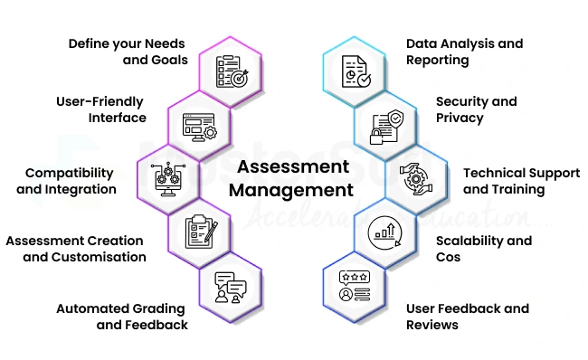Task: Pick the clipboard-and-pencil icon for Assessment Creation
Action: [199, 232]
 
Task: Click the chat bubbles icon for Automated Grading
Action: [229, 287]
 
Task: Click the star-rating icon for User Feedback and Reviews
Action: [354, 286]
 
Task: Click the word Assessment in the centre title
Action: [292, 168]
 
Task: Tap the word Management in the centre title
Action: [291, 190]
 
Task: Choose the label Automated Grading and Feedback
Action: [122, 317]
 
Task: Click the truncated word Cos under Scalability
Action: [449, 257]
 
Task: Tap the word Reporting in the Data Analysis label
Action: [437, 60]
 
